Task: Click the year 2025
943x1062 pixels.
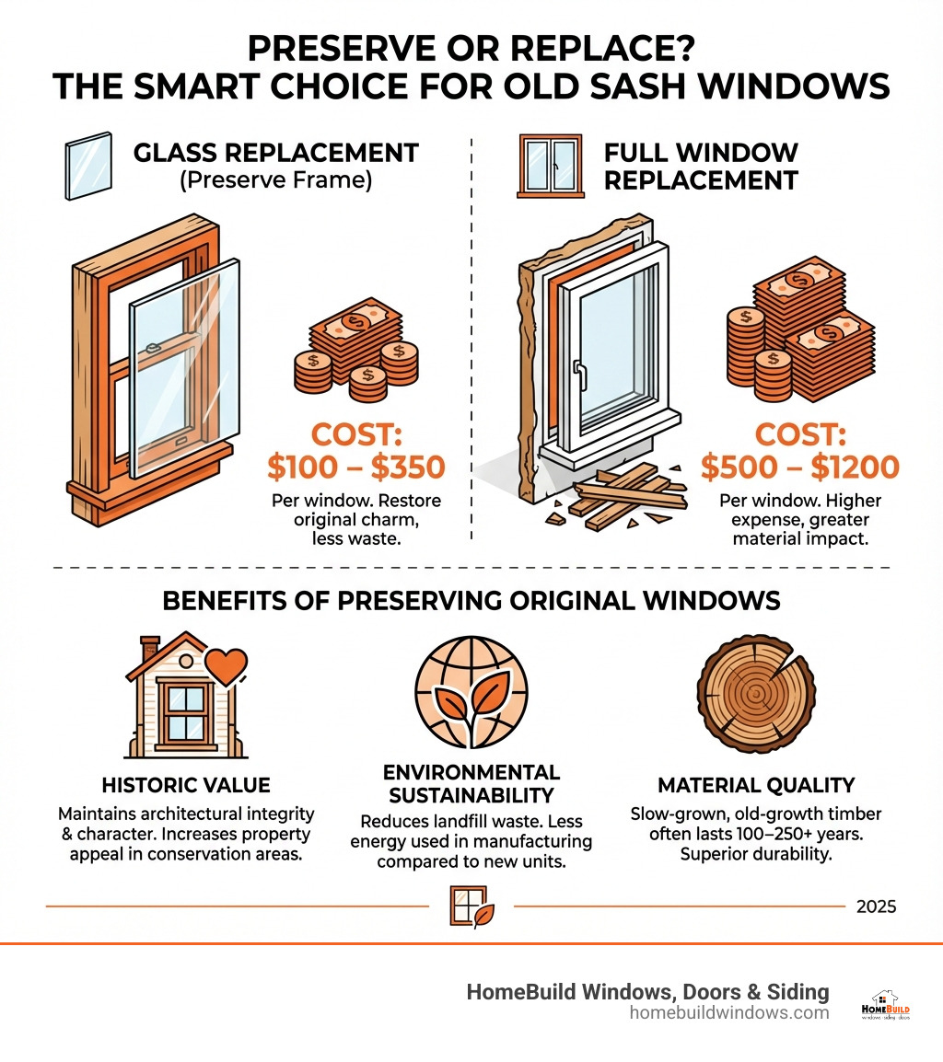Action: point(875,906)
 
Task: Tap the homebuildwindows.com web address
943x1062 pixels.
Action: point(729,1012)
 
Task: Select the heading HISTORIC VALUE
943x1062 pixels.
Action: point(185,785)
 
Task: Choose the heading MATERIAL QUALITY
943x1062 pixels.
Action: point(756,785)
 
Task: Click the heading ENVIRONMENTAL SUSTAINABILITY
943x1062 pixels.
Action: point(471,783)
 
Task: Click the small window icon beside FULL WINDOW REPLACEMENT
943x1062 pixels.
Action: point(551,166)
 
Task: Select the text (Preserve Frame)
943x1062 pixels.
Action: point(275,181)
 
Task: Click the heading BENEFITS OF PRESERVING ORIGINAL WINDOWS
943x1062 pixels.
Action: point(471,601)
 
